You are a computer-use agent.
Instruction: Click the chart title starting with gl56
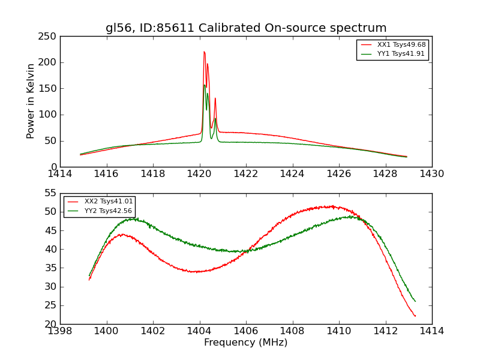[x=246, y=28]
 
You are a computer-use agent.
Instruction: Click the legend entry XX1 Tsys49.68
[x=401, y=45]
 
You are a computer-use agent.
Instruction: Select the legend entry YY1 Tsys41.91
[x=401, y=54]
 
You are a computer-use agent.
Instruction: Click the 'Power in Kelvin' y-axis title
[x=31, y=101]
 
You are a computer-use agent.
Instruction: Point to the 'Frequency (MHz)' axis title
[x=246, y=343]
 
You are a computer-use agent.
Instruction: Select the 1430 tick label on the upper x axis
[x=431, y=174]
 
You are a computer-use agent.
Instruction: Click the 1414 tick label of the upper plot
[x=60, y=174]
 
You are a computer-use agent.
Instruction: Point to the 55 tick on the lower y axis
[x=50, y=193]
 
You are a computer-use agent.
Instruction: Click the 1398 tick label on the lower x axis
[x=60, y=331]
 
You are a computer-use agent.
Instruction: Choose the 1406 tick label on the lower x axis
[x=245, y=331]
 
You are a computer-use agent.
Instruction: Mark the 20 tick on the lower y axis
[x=50, y=324]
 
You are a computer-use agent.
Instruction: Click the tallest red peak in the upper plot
[x=204, y=52]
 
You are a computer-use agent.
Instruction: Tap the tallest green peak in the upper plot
[x=204, y=85]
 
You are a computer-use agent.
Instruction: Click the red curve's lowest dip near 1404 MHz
[x=195, y=272]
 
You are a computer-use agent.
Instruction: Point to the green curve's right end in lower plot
[x=415, y=301]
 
